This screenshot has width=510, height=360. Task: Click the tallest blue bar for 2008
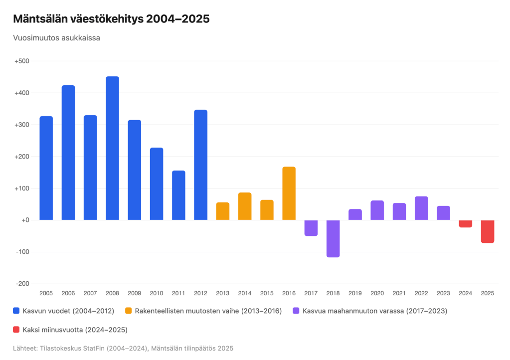point(112,148)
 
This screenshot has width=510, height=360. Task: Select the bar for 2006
point(68,153)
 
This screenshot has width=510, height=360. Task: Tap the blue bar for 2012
point(200,165)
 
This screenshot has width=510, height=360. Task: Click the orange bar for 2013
point(222,211)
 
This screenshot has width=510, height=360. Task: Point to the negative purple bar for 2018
point(333,238)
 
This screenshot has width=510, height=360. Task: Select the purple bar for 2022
point(421,208)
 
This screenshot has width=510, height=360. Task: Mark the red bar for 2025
point(488,231)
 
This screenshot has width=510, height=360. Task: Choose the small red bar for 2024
point(466,224)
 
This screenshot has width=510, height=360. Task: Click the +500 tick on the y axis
point(22,61)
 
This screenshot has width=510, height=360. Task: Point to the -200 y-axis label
point(22,284)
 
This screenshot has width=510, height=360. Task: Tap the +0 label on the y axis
point(24,220)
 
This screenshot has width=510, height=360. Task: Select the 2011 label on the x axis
point(178,294)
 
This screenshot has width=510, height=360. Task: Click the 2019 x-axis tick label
point(355,294)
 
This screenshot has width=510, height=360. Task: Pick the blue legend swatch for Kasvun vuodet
point(16,311)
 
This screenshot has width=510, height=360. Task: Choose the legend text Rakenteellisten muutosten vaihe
point(208,311)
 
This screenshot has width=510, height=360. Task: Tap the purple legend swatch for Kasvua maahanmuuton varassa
point(296,311)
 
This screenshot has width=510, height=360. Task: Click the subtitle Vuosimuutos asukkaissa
point(57,38)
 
